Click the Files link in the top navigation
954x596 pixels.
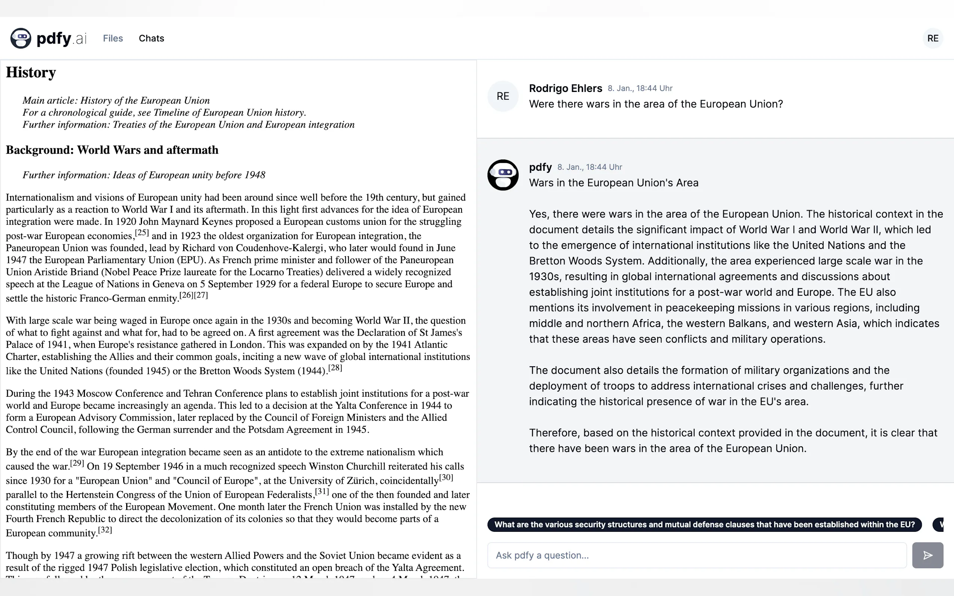(x=113, y=38)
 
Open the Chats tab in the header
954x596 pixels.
(x=151, y=38)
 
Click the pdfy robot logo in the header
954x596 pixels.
(x=21, y=38)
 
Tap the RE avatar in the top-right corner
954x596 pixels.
(x=932, y=38)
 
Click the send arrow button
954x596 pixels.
(x=927, y=555)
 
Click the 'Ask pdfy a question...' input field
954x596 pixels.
(x=696, y=555)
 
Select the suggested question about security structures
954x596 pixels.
(x=704, y=524)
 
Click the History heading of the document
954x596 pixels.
(x=31, y=72)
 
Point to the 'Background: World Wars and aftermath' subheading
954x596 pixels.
(x=112, y=150)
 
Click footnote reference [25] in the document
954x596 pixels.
(x=142, y=233)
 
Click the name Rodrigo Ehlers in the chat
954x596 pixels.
(x=565, y=88)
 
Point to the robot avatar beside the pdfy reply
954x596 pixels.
(x=503, y=175)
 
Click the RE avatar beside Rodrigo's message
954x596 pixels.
(x=503, y=96)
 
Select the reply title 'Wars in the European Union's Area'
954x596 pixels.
(x=613, y=183)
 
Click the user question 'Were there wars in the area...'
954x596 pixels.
(x=655, y=104)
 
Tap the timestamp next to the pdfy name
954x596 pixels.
(x=589, y=167)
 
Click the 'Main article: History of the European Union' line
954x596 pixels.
(x=116, y=101)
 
